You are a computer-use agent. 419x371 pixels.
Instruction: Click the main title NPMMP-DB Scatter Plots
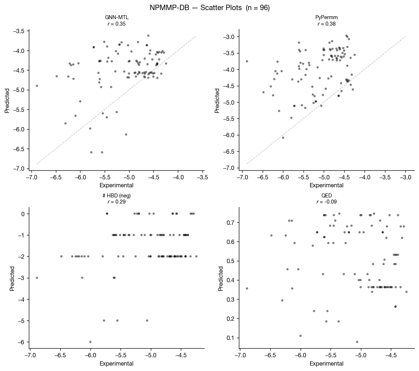pos(209,8)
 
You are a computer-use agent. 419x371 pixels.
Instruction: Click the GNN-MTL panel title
pos(117,17)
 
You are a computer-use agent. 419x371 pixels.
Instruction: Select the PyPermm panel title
pos(327,17)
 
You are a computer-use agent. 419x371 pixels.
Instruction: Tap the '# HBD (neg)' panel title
pos(117,195)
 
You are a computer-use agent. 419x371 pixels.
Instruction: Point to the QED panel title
pos(327,195)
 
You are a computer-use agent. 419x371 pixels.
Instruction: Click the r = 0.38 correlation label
pos(327,24)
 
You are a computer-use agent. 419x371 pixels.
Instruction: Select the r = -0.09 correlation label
pos(327,202)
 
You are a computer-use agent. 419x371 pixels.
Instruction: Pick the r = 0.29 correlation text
pos(117,202)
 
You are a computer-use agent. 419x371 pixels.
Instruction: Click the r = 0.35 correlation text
pos(117,24)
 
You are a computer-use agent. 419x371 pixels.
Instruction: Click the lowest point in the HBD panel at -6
pos(90,342)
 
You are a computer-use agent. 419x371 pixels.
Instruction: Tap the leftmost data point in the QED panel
pos(247,288)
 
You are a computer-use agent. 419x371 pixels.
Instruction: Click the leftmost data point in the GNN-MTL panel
pos(37,86)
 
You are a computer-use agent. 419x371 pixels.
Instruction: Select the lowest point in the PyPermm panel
pos(283,138)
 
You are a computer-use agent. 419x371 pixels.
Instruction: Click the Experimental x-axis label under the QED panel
pos(327,363)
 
